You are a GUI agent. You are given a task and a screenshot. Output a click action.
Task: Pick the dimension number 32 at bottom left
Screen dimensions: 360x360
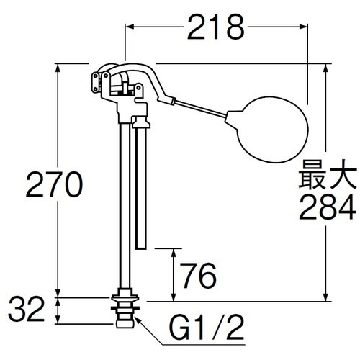(x=30, y=312)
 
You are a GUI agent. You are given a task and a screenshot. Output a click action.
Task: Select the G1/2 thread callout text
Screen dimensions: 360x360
(x=205, y=332)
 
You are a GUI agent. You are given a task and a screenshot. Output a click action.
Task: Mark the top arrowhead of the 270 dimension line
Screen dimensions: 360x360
(x=58, y=68)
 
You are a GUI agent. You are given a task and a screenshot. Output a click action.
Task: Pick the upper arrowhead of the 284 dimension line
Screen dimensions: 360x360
(x=328, y=68)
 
